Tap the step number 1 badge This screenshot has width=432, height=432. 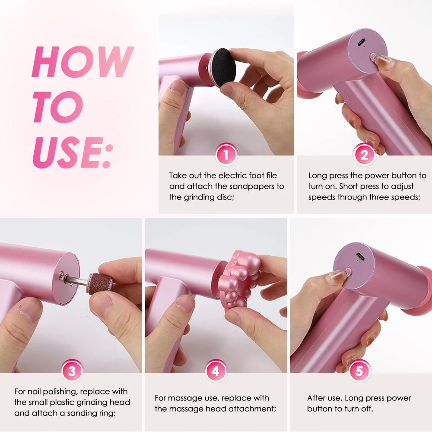[x=226, y=154]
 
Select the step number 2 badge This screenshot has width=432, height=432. [x=364, y=154]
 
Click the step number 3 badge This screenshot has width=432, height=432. [x=72, y=371]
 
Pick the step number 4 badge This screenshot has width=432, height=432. [x=216, y=371]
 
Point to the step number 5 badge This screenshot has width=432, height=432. [x=359, y=371]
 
